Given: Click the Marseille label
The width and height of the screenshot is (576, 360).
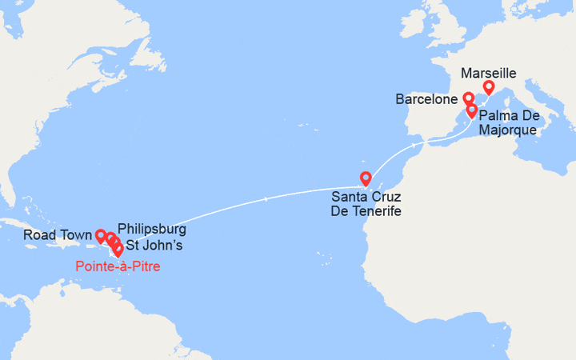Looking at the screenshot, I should click(x=489, y=73).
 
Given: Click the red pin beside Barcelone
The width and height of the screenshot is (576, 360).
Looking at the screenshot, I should click(x=468, y=99).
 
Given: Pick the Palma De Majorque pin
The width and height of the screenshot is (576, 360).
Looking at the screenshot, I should click(x=472, y=110).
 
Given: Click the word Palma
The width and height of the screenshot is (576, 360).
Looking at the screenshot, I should click(x=499, y=117).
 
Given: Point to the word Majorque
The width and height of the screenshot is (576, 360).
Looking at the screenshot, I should click(x=510, y=130).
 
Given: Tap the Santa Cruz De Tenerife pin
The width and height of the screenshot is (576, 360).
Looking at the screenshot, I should click(x=366, y=178).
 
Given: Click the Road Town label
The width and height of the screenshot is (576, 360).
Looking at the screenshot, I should click(x=55, y=235).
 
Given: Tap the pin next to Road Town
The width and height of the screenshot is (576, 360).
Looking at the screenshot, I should click(x=101, y=236).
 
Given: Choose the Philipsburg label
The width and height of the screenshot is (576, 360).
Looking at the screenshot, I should click(x=151, y=230).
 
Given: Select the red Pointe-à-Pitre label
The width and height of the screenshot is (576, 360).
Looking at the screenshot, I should click(x=118, y=266).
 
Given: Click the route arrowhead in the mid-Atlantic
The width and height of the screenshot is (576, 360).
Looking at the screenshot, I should click(x=266, y=199).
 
